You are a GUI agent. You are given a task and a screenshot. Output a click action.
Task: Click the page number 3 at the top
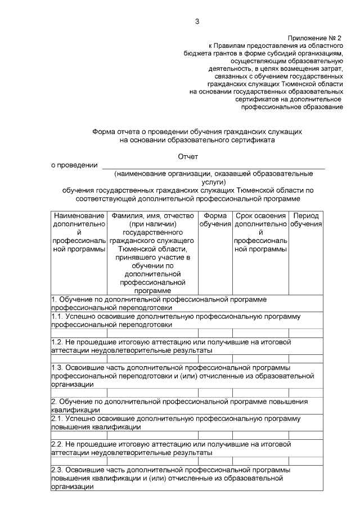point(197,21)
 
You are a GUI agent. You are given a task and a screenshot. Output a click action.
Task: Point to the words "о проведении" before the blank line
point(71,165)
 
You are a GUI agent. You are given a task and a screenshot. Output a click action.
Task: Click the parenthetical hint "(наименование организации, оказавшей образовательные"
point(213,174)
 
